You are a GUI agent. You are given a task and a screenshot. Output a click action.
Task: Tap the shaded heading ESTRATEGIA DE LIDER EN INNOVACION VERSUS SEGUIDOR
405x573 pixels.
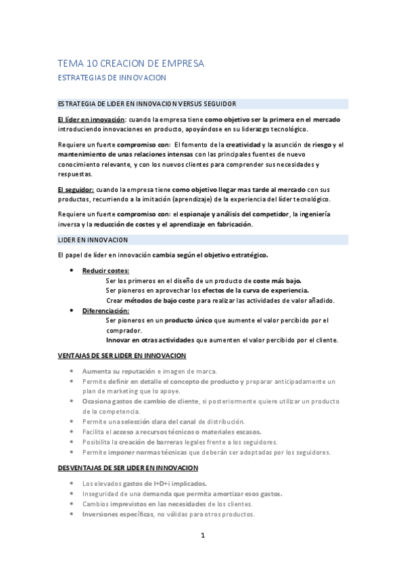tap(147, 104)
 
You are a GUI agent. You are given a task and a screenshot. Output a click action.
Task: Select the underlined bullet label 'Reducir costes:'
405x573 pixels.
tap(105, 271)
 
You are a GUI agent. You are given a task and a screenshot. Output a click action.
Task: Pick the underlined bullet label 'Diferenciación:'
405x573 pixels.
tap(105, 310)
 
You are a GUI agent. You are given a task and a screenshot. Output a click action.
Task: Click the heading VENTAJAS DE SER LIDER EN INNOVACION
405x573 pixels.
tap(122, 355)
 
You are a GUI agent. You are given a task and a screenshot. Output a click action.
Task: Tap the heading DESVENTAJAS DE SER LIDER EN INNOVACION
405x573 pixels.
tap(128, 468)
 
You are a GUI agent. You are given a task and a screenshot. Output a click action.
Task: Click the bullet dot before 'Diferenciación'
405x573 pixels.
tap(72, 310)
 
